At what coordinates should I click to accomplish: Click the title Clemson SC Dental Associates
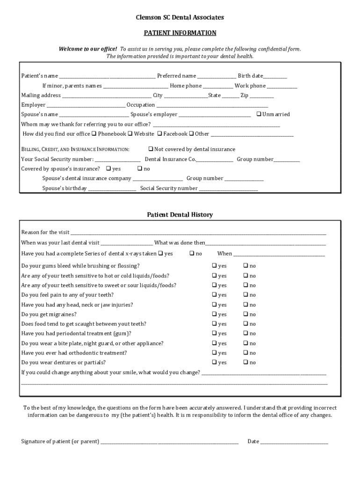click(x=180, y=17)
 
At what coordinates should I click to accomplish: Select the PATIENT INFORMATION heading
click(x=180, y=33)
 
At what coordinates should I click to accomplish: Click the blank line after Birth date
click(x=275, y=76)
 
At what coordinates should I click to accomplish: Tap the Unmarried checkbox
click(x=259, y=114)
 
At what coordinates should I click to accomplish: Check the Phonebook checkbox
click(x=94, y=134)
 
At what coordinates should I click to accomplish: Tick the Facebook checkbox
click(x=159, y=134)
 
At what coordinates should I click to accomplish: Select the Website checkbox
click(x=130, y=134)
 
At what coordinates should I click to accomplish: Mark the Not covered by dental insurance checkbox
click(x=151, y=149)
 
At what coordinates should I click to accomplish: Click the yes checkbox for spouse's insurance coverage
click(x=108, y=168)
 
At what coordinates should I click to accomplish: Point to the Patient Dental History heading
click(x=180, y=215)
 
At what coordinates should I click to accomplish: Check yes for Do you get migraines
click(x=214, y=314)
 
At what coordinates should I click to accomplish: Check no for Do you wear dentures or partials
click(x=245, y=363)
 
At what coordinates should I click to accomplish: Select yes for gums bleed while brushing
click(x=214, y=266)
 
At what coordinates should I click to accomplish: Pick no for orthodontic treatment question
click(x=245, y=353)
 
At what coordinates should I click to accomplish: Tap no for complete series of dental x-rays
click(x=192, y=254)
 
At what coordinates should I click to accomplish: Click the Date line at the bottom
click(x=294, y=442)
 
